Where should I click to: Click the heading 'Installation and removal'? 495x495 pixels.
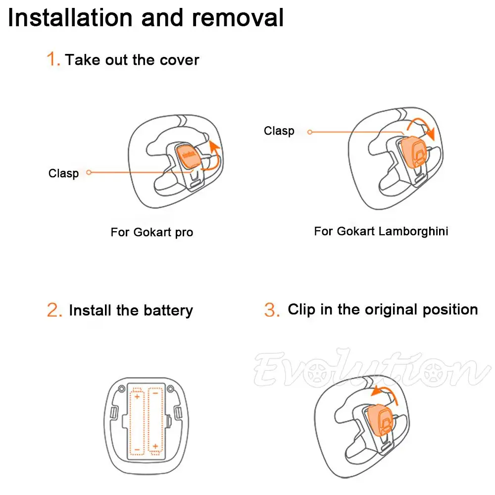click(x=146, y=18)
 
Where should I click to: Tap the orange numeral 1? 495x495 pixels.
click(x=53, y=60)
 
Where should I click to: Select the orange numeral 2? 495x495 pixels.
click(x=54, y=310)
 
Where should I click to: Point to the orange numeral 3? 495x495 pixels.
click(x=272, y=310)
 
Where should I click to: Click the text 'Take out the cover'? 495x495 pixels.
click(x=132, y=60)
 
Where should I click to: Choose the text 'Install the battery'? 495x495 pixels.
click(x=131, y=310)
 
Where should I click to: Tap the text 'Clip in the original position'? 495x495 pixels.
click(x=383, y=309)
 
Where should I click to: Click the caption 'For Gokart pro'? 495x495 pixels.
click(x=151, y=232)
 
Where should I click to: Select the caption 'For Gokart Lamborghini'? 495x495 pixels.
click(x=381, y=231)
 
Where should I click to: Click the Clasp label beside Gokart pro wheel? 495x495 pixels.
click(x=63, y=173)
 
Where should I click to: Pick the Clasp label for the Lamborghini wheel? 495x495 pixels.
click(x=279, y=131)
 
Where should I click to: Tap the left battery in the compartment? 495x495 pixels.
click(x=138, y=421)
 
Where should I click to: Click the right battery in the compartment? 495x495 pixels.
click(x=155, y=421)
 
